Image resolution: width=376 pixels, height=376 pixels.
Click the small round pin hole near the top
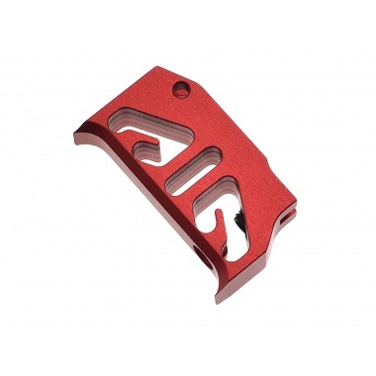coord(179,91)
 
